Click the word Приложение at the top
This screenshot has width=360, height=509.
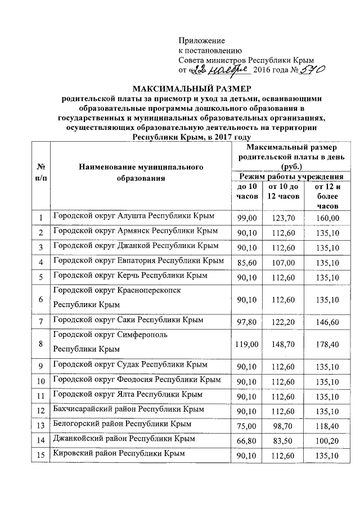pyautogui.click(x=201, y=40)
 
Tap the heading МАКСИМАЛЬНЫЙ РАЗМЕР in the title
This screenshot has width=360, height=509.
pyautogui.click(x=192, y=88)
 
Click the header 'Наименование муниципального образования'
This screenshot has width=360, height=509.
pyautogui.click(x=141, y=173)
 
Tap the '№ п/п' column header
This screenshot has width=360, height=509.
pyautogui.click(x=40, y=173)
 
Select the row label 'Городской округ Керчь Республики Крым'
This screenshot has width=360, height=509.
pyautogui.click(x=130, y=276)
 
